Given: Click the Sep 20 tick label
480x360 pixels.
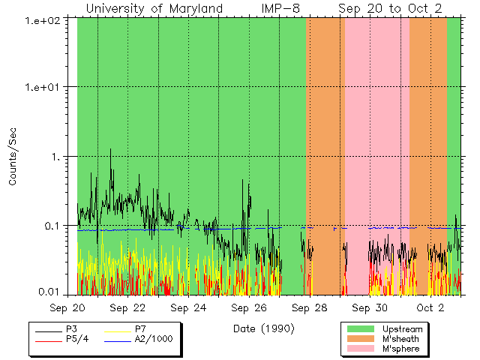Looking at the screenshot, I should [x=78, y=308].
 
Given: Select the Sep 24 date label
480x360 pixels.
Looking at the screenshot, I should [x=188, y=308].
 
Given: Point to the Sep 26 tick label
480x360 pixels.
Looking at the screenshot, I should [x=248, y=308].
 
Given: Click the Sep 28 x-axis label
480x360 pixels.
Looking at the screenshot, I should [x=309, y=308].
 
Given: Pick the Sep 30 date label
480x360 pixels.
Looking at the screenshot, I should [x=369, y=308].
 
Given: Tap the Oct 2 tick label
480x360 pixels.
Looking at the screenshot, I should [x=430, y=308].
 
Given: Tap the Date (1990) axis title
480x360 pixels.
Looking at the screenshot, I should [x=263, y=328].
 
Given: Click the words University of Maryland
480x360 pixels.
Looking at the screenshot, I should [x=154, y=8].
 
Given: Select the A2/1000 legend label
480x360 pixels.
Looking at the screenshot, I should [x=153, y=339].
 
